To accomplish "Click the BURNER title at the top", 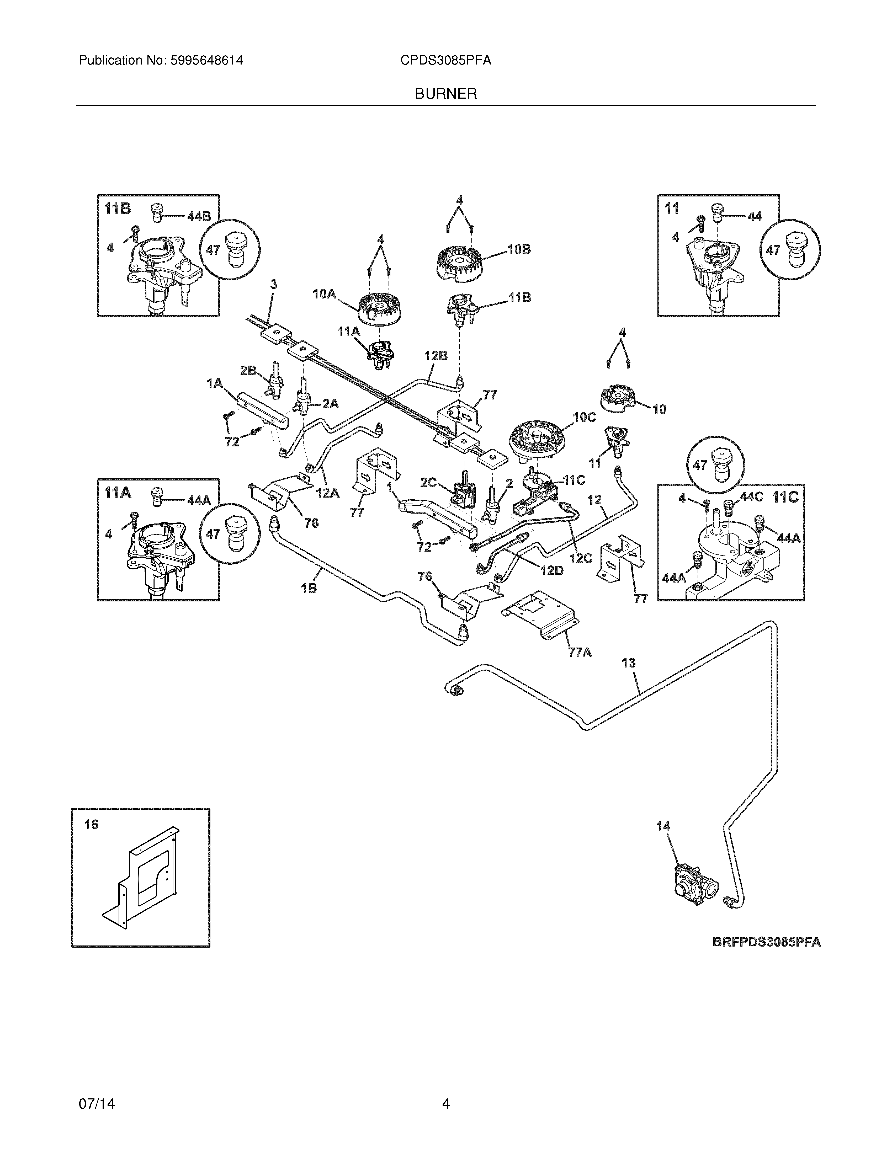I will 445,94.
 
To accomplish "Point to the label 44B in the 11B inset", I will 199,217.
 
